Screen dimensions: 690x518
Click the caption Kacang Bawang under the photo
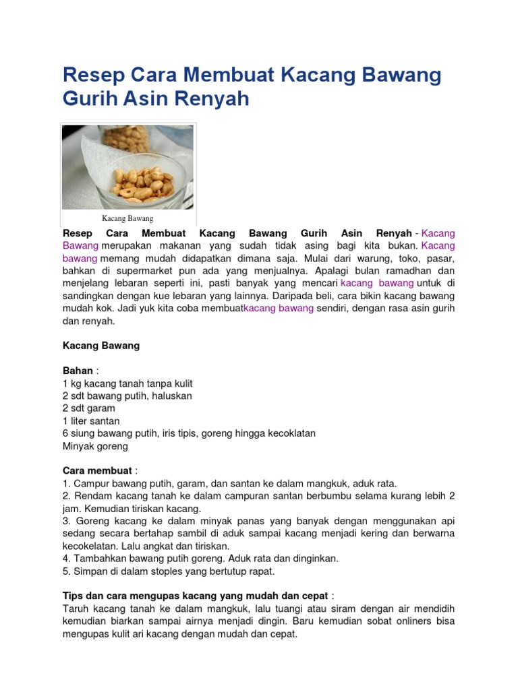coord(127,218)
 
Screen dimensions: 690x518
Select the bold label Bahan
coord(77,371)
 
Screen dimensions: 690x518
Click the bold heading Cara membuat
coord(96,470)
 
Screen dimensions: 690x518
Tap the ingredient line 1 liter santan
coord(91,420)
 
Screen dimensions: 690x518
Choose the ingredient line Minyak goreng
coord(95,445)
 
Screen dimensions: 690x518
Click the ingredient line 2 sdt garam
coord(89,408)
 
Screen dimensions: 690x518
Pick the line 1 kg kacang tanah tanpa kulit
coord(127,383)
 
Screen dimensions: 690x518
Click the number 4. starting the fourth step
coord(67,559)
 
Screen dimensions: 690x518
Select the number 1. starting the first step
coord(66,483)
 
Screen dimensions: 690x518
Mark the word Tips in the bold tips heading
coord(74,596)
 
